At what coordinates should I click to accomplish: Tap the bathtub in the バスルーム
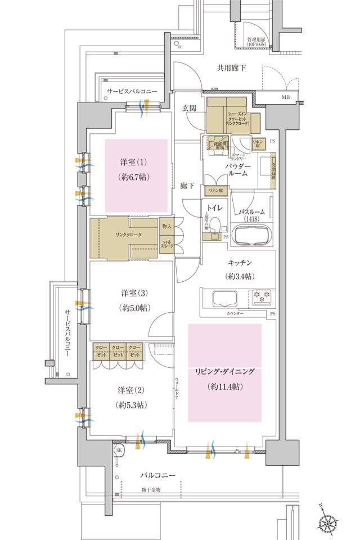tap(252, 235)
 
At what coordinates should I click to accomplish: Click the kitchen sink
tap(220, 297)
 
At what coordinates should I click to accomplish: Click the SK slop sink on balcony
tap(119, 451)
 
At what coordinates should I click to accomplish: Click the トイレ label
tap(214, 208)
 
